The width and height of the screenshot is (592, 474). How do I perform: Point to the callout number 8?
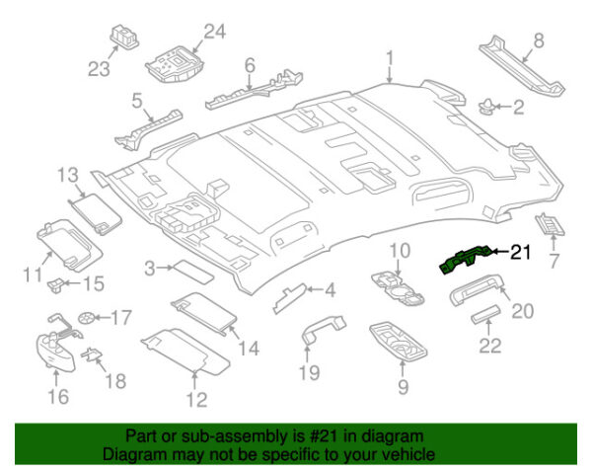click(x=538, y=40)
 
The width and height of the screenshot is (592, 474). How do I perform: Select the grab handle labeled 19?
click(x=322, y=332)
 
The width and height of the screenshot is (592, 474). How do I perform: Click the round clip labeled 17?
click(x=90, y=318)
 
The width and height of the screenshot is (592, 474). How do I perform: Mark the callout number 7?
click(x=553, y=262)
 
